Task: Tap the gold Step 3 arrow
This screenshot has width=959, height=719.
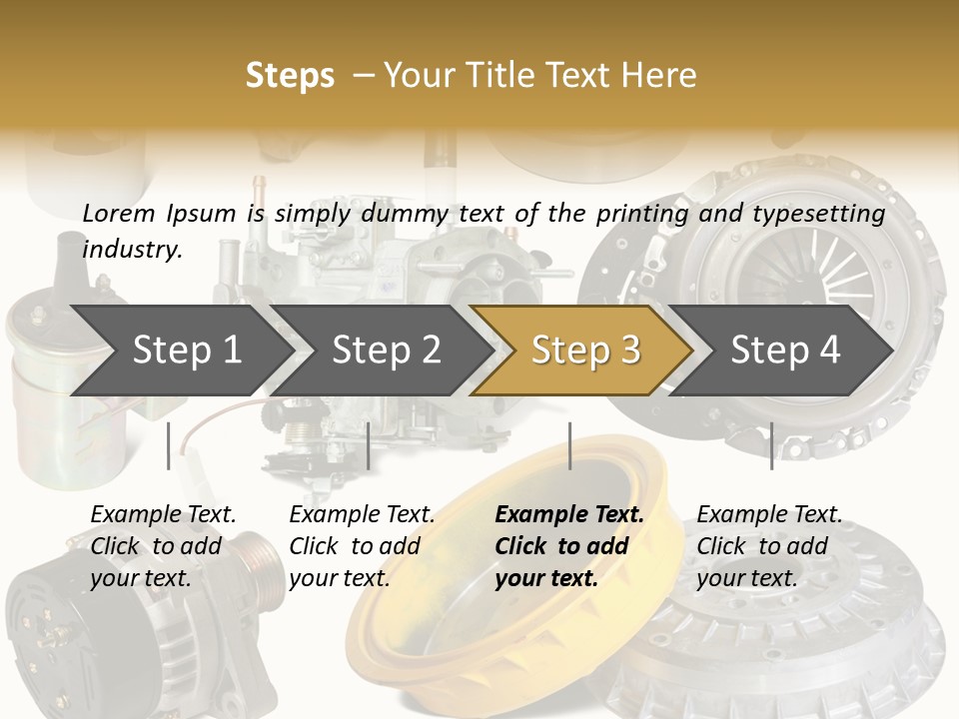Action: pos(585,350)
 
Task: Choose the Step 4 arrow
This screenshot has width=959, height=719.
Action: pos(785,350)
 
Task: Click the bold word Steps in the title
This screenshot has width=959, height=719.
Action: pos(290,75)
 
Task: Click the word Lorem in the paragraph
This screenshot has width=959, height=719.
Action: pos(119,213)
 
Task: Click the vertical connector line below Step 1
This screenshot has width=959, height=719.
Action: pos(169,445)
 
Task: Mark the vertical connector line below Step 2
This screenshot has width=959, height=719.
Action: pos(369,445)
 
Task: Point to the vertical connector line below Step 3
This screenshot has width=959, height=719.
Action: pos(569,445)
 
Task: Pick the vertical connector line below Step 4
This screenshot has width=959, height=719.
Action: pos(771,445)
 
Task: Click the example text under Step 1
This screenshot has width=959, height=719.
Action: pos(163,546)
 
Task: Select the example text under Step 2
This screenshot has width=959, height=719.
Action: pos(362,546)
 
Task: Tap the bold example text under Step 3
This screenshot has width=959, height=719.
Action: pos(569,546)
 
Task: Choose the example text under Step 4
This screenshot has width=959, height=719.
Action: pos(769,546)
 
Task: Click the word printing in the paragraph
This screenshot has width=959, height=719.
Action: pos(641,213)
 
